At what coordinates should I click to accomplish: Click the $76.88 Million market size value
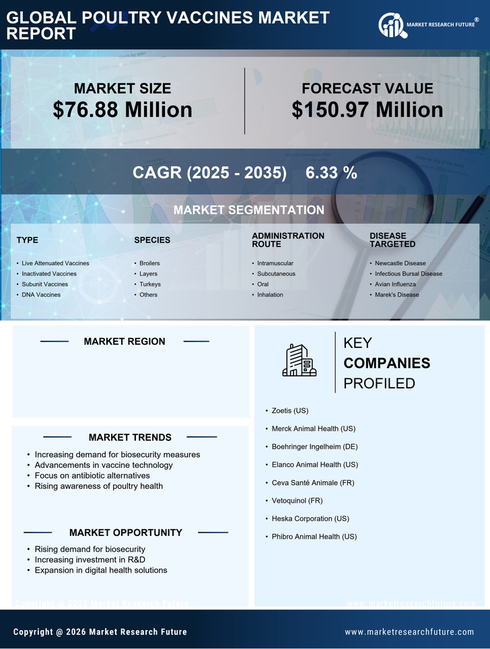pos(123,110)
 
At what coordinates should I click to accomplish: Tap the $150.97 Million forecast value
pos(367,110)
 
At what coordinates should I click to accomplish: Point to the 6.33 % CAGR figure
pos(331,172)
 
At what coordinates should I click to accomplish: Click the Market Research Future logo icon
pos(391,26)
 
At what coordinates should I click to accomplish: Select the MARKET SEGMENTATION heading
pos(248,210)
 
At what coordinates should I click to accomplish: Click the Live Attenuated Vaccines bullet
pos(55,263)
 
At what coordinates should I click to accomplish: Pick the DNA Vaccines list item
pos(41,295)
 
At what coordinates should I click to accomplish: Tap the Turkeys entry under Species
pos(150,284)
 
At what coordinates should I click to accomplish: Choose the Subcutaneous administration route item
pos(276,274)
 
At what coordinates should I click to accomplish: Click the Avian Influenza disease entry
pos(395,284)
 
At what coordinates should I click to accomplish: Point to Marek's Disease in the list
pos(396,295)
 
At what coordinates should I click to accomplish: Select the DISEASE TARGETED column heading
pos(392,240)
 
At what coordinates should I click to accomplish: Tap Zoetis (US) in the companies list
pos(290,410)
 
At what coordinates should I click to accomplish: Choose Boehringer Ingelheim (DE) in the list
pos(314,446)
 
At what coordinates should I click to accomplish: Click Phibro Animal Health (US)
pos(314,537)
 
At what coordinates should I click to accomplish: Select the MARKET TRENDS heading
pos(130,438)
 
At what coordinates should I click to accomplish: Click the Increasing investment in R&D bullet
pos(90,559)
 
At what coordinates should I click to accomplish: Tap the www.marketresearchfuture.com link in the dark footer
pos(409,632)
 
